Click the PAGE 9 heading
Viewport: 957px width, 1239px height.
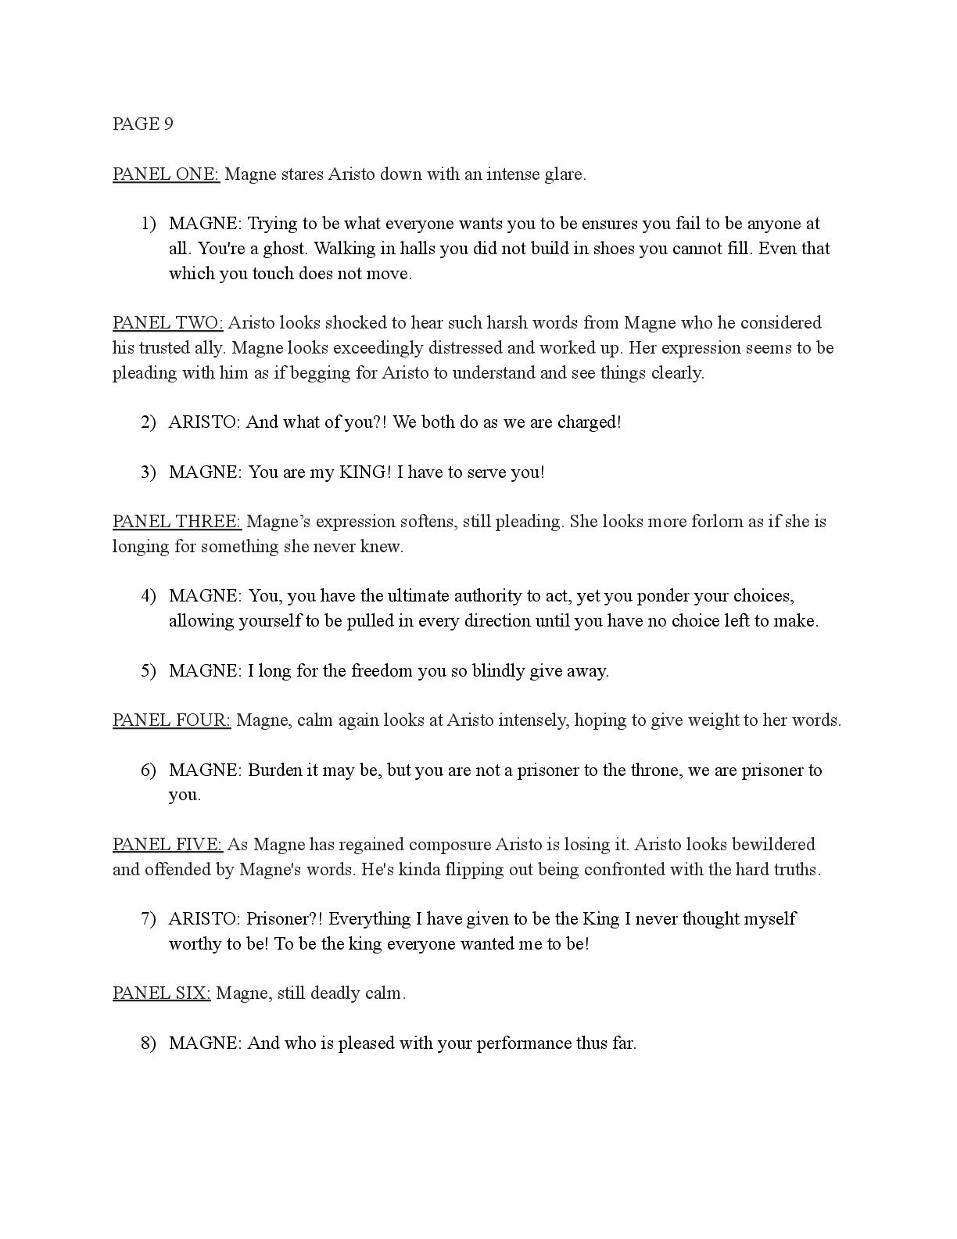coord(142,124)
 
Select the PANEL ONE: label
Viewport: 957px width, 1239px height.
coord(166,174)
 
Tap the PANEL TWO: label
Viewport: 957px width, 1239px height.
coord(167,323)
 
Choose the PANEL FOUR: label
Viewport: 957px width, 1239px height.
coord(171,720)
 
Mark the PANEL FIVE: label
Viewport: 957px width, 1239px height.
coord(167,845)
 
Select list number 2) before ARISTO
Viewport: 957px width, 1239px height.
coord(149,422)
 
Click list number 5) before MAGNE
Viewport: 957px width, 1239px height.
coord(149,671)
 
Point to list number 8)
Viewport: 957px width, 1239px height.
coord(149,1043)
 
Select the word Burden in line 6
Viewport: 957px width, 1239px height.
coord(274,770)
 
